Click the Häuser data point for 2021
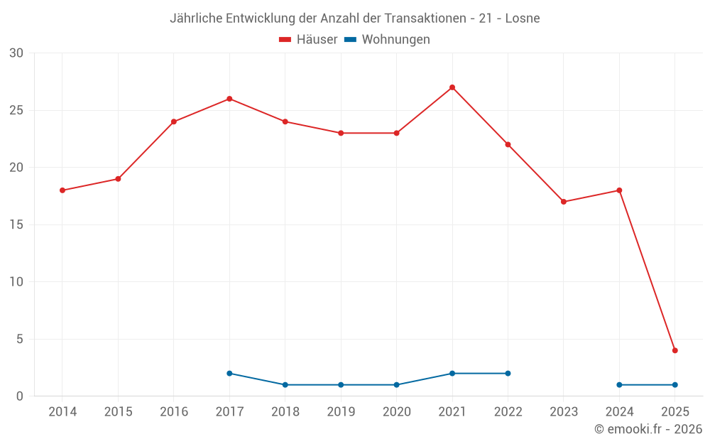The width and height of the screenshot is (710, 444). (x=452, y=87)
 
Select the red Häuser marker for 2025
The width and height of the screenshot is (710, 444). (x=675, y=350)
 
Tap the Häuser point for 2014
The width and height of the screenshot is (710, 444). (x=62, y=190)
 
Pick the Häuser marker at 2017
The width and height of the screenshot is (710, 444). (x=229, y=99)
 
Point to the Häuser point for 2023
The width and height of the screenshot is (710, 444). (x=564, y=202)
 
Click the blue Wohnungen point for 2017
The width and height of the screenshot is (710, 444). (x=229, y=374)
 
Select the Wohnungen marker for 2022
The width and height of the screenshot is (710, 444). (x=508, y=374)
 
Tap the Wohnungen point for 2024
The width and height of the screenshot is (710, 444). (x=619, y=385)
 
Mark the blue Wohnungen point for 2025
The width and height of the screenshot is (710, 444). (x=675, y=385)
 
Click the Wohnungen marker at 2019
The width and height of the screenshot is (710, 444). (x=341, y=385)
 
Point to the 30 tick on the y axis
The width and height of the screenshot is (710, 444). (x=16, y=53)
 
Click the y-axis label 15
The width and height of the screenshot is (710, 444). (x=16, y=225)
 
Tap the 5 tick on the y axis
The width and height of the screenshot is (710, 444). (x=20, y=340)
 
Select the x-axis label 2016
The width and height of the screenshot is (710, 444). (x=174, y=412)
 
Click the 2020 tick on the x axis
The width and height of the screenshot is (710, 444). (x=396, y=412)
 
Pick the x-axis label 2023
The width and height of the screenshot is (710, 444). (x=564, y=412)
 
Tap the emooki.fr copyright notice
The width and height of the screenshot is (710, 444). (x=648, y=429)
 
